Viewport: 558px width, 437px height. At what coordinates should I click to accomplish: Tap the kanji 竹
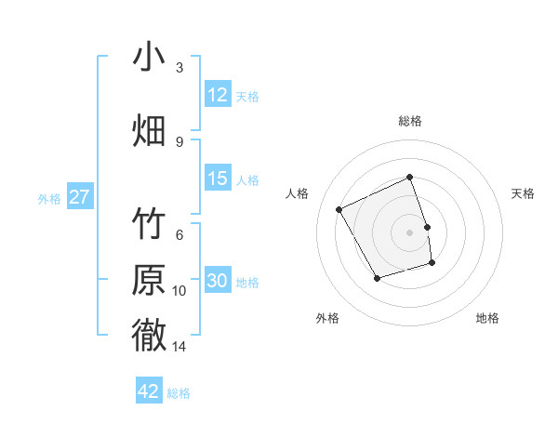pos(149,227)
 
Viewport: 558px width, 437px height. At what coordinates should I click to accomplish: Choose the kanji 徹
pos(149,335)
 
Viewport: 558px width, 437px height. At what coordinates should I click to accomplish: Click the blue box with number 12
pos(218,95)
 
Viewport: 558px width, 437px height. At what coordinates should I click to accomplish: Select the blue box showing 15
pos(218,179)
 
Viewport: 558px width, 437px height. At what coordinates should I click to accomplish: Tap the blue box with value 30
pos(218,281)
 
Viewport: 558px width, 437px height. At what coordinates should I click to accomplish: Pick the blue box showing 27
pos(79,197)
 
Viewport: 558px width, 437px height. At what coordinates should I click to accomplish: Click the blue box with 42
pos(149,391)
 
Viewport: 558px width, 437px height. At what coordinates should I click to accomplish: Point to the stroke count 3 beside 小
pos(179,68)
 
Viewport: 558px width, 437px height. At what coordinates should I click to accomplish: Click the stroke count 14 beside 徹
pos(179,347)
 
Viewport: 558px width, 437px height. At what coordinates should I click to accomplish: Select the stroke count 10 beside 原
pos(179,291)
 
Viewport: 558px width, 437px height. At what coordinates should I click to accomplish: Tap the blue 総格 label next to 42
pos(179,393)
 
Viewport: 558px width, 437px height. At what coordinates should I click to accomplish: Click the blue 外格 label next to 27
pos(49,199)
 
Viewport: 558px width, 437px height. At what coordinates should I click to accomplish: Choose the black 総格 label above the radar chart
pos(410,121)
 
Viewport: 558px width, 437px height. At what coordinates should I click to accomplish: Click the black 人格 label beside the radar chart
pos(298,193)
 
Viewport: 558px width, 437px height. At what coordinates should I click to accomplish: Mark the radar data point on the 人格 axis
pos(339,209)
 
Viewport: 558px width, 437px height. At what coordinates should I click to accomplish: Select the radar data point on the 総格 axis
pos(410,177)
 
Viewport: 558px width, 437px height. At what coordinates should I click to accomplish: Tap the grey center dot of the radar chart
pos(410,232)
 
